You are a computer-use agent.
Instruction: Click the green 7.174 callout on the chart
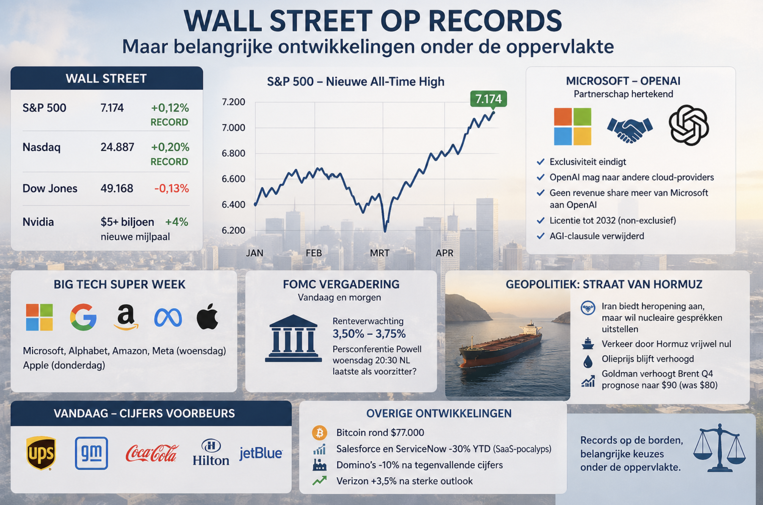488,99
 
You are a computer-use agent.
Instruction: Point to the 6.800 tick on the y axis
233,153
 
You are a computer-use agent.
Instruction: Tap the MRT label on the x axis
379,253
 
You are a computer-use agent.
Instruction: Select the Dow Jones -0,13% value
172,188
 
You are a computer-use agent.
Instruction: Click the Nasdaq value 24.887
117,147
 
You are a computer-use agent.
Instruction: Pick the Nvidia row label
38,222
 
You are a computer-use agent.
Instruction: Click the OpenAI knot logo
689,125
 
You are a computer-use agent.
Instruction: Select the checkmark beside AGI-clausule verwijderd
541,236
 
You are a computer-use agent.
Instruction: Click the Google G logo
83,317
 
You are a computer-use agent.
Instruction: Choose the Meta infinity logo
168,318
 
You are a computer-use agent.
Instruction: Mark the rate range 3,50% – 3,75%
369,334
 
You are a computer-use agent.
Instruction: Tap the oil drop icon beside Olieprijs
588,361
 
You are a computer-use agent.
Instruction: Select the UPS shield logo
41,453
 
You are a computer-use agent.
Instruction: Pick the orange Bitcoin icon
319,433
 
